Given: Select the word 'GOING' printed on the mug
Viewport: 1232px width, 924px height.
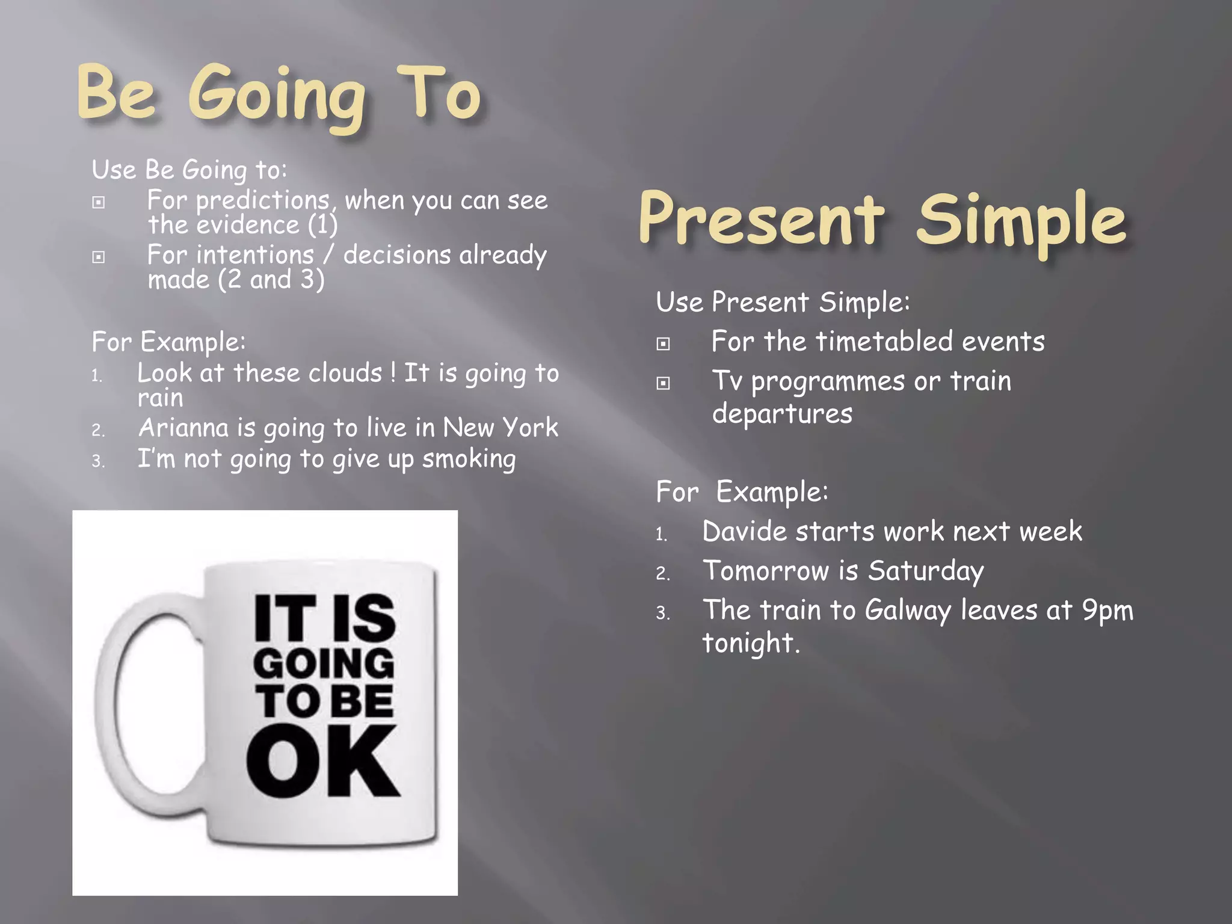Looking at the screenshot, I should click(x=323, y=664).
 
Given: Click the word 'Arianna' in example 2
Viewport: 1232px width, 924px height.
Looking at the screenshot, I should click(x=183, y=428).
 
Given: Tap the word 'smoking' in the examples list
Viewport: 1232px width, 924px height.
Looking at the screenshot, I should click(x=469, y=459).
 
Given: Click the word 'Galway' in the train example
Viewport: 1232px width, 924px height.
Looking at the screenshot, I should click(x=908, y=610).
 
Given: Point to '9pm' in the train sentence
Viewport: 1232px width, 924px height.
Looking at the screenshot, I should click(x=1107, y=610).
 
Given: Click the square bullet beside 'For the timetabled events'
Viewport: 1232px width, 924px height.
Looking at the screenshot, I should click(x=663, y=344).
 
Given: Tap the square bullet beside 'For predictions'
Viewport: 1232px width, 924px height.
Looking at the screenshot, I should click(x=99, y=203).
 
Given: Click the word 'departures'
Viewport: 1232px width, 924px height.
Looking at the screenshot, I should click(x=782, y=414).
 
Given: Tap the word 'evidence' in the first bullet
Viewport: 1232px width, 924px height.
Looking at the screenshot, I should click(x=248, y=225).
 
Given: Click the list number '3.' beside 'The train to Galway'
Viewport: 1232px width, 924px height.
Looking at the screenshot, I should click(x=663, y=613).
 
